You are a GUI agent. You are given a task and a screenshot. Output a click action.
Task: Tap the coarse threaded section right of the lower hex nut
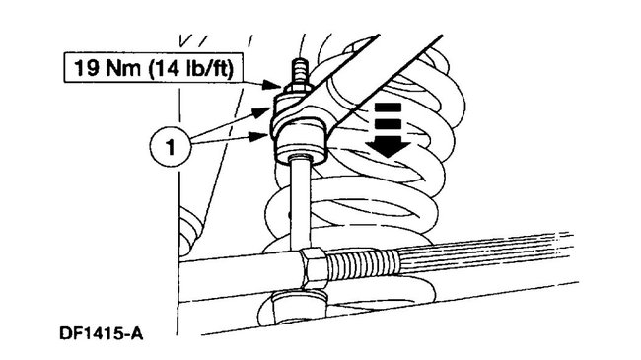tap(365, 263)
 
